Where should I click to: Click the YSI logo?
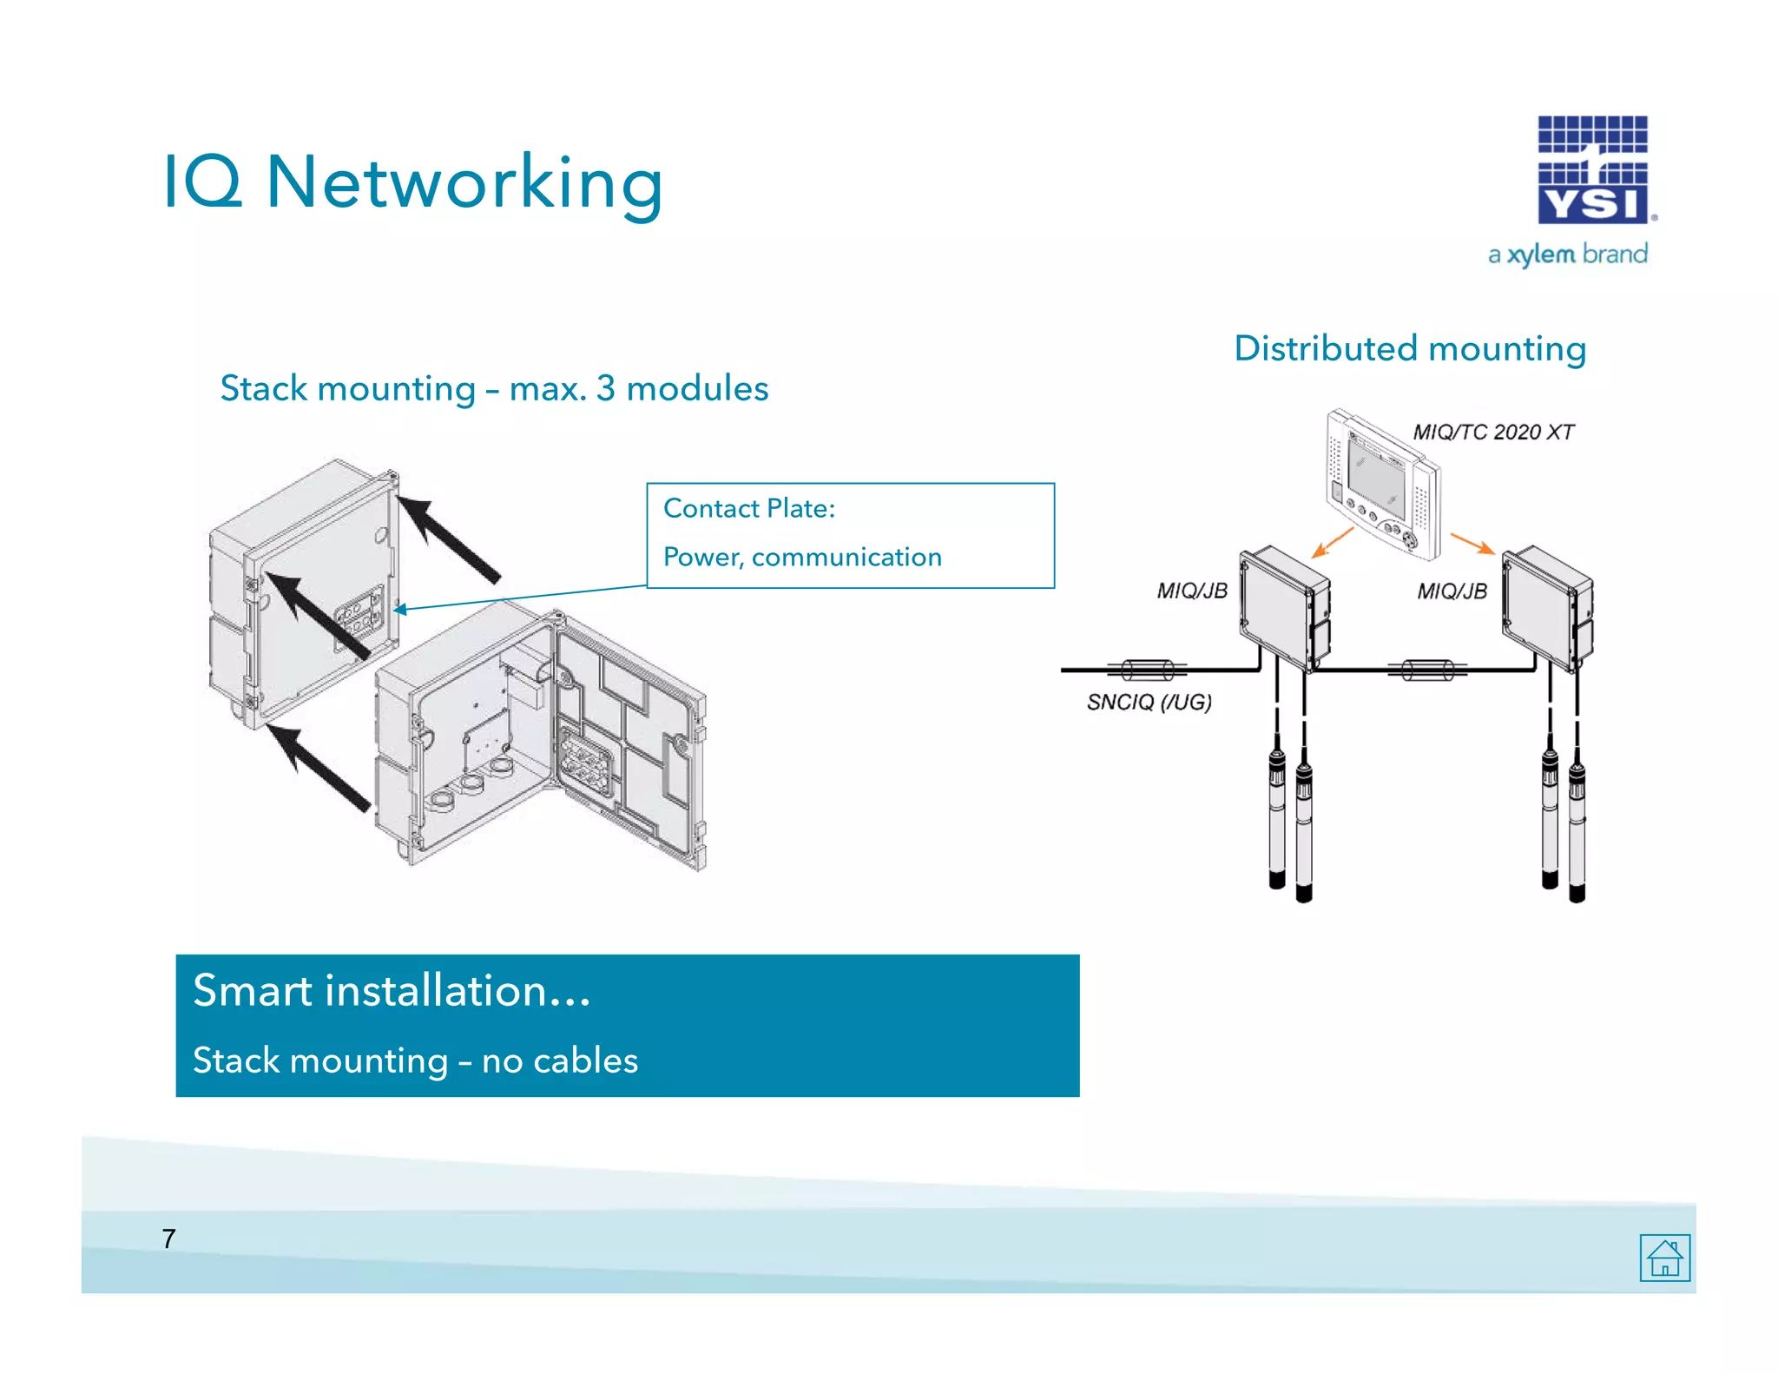pos(1592,170)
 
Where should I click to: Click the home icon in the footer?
pos(1664,1257)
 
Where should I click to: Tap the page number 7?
pos(168,1238)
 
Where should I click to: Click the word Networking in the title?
pos(464,183)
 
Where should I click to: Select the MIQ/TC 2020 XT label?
pos(1492,432)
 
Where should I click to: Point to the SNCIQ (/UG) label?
pos(1149,702)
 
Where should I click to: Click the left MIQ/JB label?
pos(1191,591)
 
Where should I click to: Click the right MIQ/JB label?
pos(1452,591)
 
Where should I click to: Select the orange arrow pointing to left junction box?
pos(1332,542)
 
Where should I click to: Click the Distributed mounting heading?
pos(1410,348)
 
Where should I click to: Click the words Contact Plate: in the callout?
pos(748,508)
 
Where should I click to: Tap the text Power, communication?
pos(802,557)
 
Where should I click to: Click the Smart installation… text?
pos(392,991)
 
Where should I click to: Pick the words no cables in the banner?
pos(560,1060)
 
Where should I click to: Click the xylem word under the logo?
pos(1540,254)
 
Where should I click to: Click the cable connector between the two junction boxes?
pos(1426,670)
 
